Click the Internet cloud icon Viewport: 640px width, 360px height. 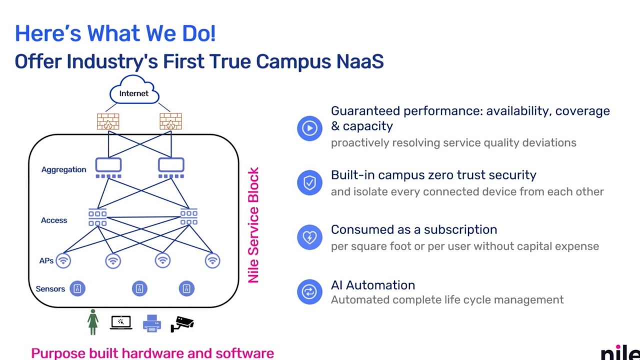(x=134, y=89)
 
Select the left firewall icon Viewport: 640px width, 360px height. (x=108, y=121)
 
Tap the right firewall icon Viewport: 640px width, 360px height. (x=170, y=121)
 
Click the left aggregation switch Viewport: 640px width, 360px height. (x=108, y=167)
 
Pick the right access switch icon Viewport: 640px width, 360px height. (x=189, y=217)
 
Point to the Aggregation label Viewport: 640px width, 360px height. (x=63, y=169)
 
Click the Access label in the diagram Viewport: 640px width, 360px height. (x=54, y=220)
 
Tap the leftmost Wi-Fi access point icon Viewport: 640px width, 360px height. (x=63, y=260)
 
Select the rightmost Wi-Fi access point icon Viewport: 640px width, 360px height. (x=212, y=260)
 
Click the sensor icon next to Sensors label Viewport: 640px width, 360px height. (x=77, y=288)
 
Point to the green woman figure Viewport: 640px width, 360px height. (x=93, y=322)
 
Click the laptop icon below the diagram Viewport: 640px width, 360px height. (x=121, y=322)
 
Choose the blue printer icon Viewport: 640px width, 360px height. (x=151, y=323)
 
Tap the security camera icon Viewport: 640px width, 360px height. (x=182, y=324)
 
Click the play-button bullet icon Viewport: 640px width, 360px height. (x=309, y=128)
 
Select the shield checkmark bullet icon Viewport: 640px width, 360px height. (x=309, y=183)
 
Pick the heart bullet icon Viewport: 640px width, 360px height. (x=309, y=237)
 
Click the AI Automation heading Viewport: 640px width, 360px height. (x=373, y=285)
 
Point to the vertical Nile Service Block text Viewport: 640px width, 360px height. (x=253, y=225)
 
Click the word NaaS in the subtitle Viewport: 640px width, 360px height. (x=359, y=61)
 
